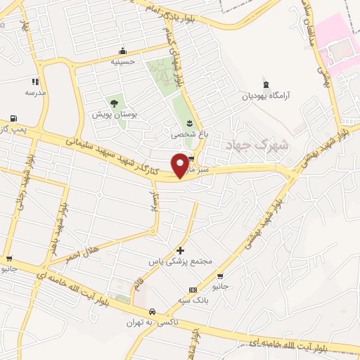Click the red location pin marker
coord(181,165)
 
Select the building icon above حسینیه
coord(123,51)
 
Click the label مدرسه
coord(35,92)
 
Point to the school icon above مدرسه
coord(35,82)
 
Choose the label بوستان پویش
coord(112,113)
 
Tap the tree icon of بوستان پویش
coord(114,103)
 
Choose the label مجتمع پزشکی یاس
coord(180,261)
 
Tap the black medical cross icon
coord(181,250)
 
